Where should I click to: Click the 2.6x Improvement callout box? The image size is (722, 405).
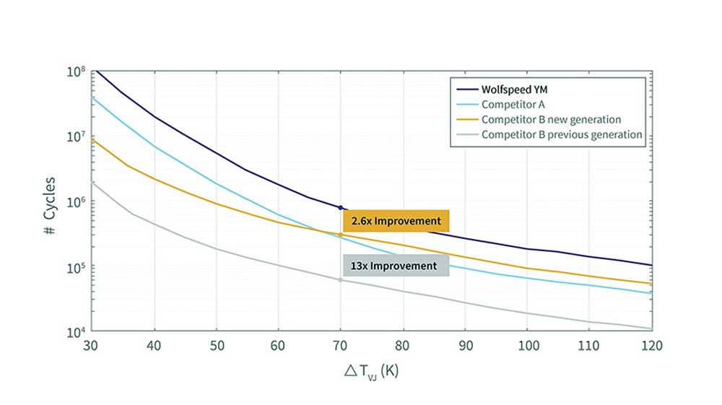click(396, 221)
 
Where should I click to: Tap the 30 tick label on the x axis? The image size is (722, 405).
click(92, 345)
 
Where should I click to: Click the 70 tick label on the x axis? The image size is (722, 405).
click(340, 345)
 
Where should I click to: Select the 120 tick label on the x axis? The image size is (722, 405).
click(651, 345)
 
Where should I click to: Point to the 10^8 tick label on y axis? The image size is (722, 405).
click(77, 71)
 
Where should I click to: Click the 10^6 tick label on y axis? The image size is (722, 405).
click(77, 202)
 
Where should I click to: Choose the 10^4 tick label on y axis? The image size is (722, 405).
click(77, 333)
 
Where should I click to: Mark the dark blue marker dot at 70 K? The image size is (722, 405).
click(340, 208)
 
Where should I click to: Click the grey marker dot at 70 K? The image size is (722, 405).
click(340, 280)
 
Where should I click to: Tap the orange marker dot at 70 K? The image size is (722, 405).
click(340, 235)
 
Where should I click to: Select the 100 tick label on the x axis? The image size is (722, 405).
click(527, 345)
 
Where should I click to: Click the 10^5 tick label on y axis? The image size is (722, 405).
click(77, 268)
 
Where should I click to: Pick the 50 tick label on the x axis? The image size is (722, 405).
click(216, 345)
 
